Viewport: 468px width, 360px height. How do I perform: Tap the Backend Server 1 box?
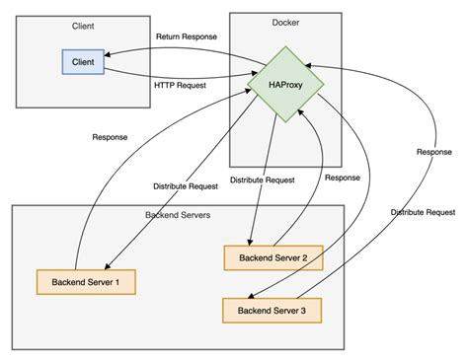85,282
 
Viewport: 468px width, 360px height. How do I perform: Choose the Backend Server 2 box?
273,258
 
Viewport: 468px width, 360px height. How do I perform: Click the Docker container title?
285,23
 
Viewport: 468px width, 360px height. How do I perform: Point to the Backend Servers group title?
177,215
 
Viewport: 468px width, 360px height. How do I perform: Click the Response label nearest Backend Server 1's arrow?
109,139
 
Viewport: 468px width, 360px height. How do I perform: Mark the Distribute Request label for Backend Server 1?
186,184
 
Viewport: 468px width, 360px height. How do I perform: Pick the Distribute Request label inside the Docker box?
263,180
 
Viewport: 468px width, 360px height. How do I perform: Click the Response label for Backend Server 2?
343,179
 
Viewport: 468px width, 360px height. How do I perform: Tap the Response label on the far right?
435,154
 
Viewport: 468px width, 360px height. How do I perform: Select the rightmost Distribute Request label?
423,211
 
